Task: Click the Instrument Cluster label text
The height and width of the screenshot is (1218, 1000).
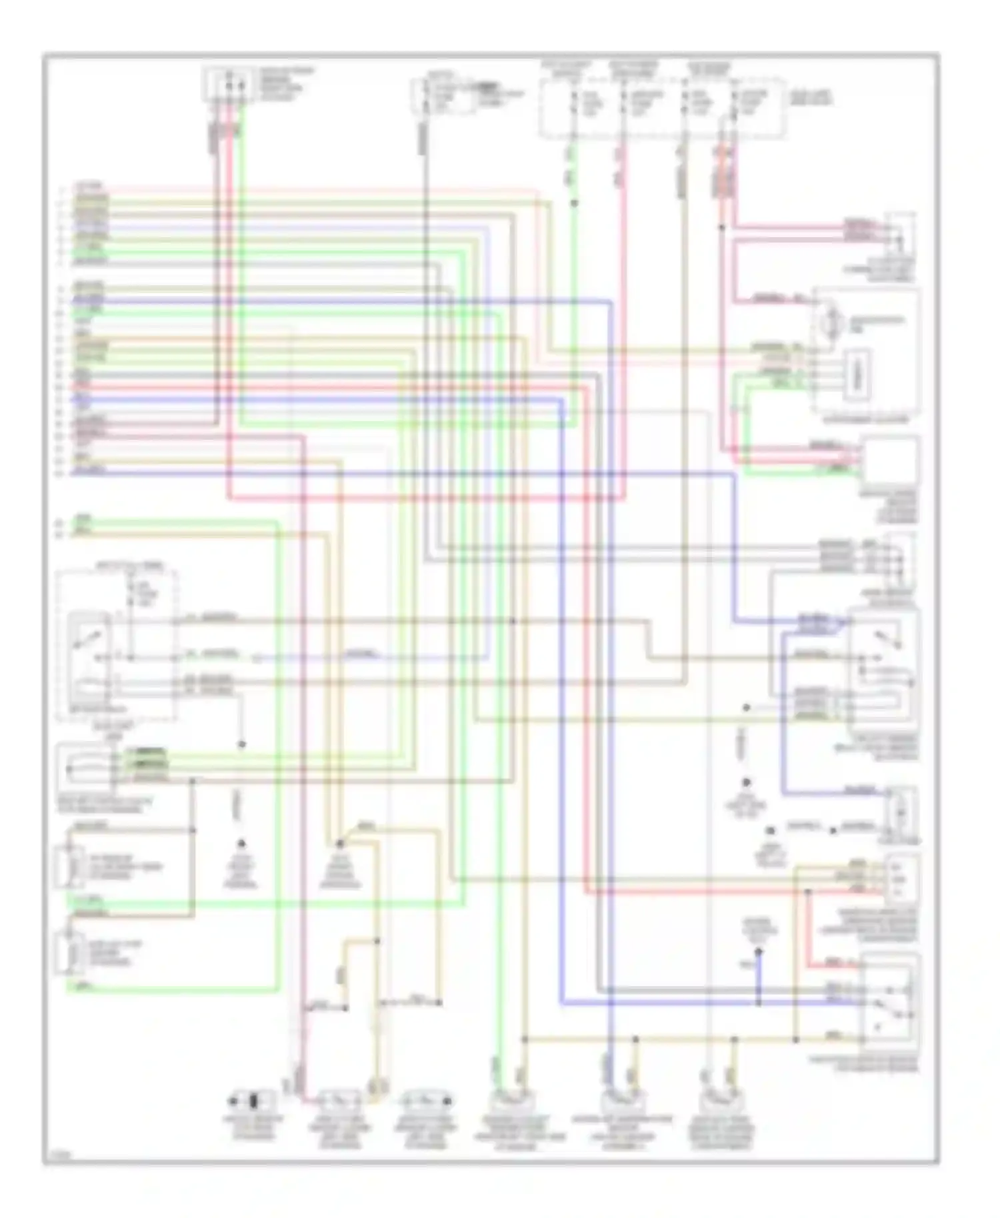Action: pos(865,421)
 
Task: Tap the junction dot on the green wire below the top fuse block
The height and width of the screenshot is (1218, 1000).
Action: pos(574,203)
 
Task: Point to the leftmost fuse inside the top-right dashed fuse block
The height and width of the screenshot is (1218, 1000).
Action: pos(574,101)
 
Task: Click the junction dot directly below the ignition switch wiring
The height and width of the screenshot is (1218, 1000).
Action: pos(242,744)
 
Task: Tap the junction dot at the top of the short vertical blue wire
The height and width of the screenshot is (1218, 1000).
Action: pos(759,953)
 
